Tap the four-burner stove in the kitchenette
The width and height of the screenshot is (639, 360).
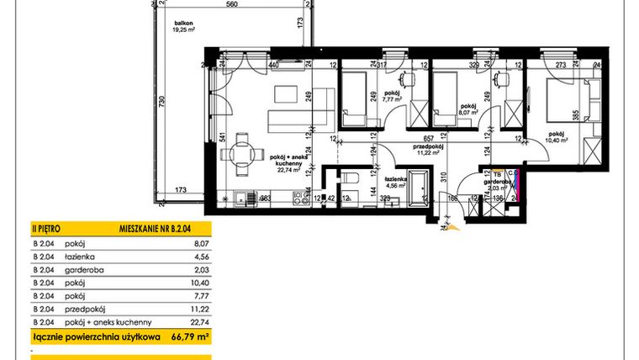tap(298, 199)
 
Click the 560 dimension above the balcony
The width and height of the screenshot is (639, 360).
tap(233, 5)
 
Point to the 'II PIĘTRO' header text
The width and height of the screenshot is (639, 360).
tap(45, 228)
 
